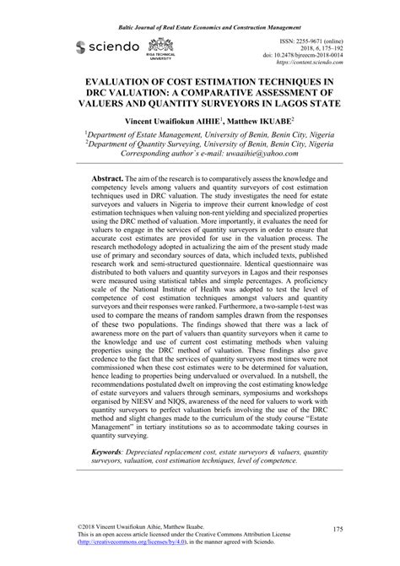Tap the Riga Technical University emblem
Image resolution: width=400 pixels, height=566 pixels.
click(x=158, y=49)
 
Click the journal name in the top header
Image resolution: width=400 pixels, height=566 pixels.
click(x=199, y=8)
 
